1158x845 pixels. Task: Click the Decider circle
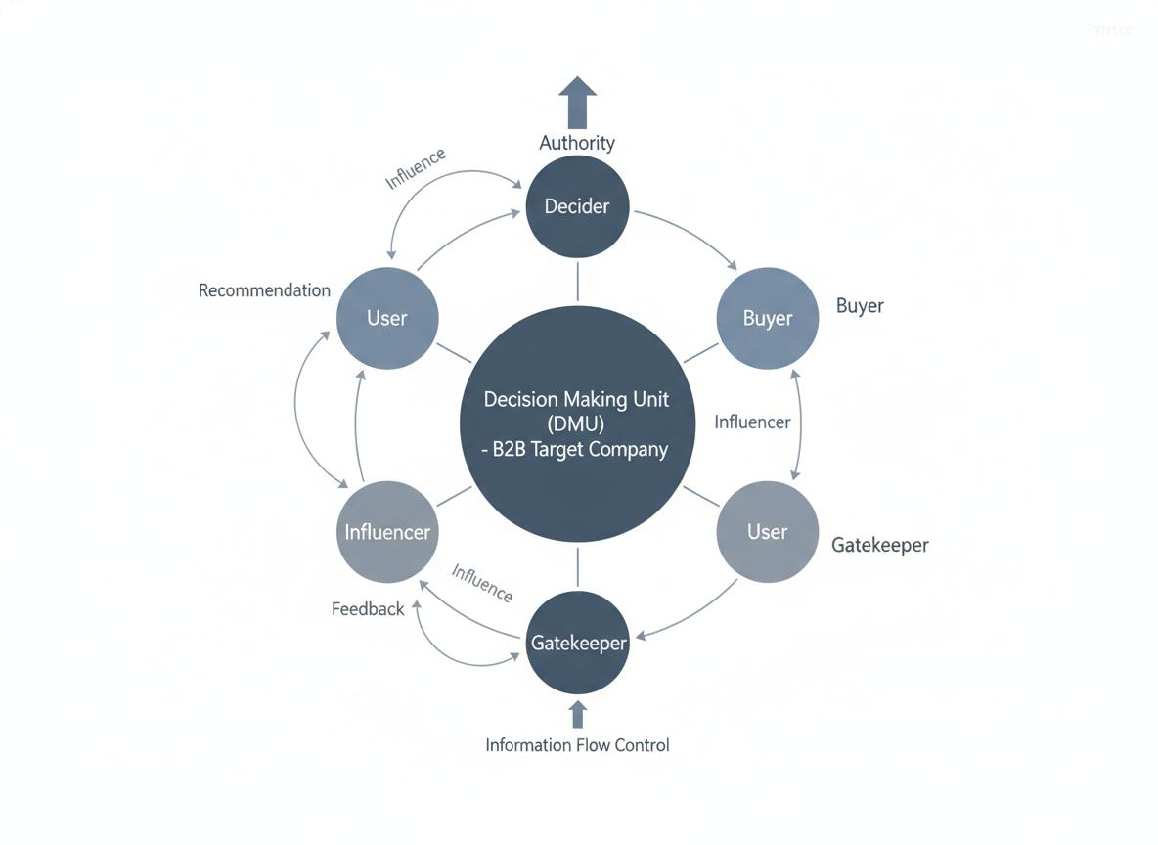577,206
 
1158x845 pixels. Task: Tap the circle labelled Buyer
768,318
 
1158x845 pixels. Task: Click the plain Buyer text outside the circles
860,305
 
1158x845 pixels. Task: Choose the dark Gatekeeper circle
577,643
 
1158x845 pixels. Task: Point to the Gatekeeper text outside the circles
879,545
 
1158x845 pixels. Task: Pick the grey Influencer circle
387,532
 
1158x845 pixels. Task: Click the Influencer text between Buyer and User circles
752,422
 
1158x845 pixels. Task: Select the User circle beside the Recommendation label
387,318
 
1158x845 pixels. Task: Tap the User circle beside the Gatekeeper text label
767,532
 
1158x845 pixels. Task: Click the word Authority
577,143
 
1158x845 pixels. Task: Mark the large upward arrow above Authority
577,100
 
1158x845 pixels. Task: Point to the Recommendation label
264,290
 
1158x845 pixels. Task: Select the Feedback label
368,609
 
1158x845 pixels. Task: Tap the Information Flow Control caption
577,745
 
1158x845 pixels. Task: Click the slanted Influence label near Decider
416,167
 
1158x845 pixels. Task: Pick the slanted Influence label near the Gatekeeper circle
481,583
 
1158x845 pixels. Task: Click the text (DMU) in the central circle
577,424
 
